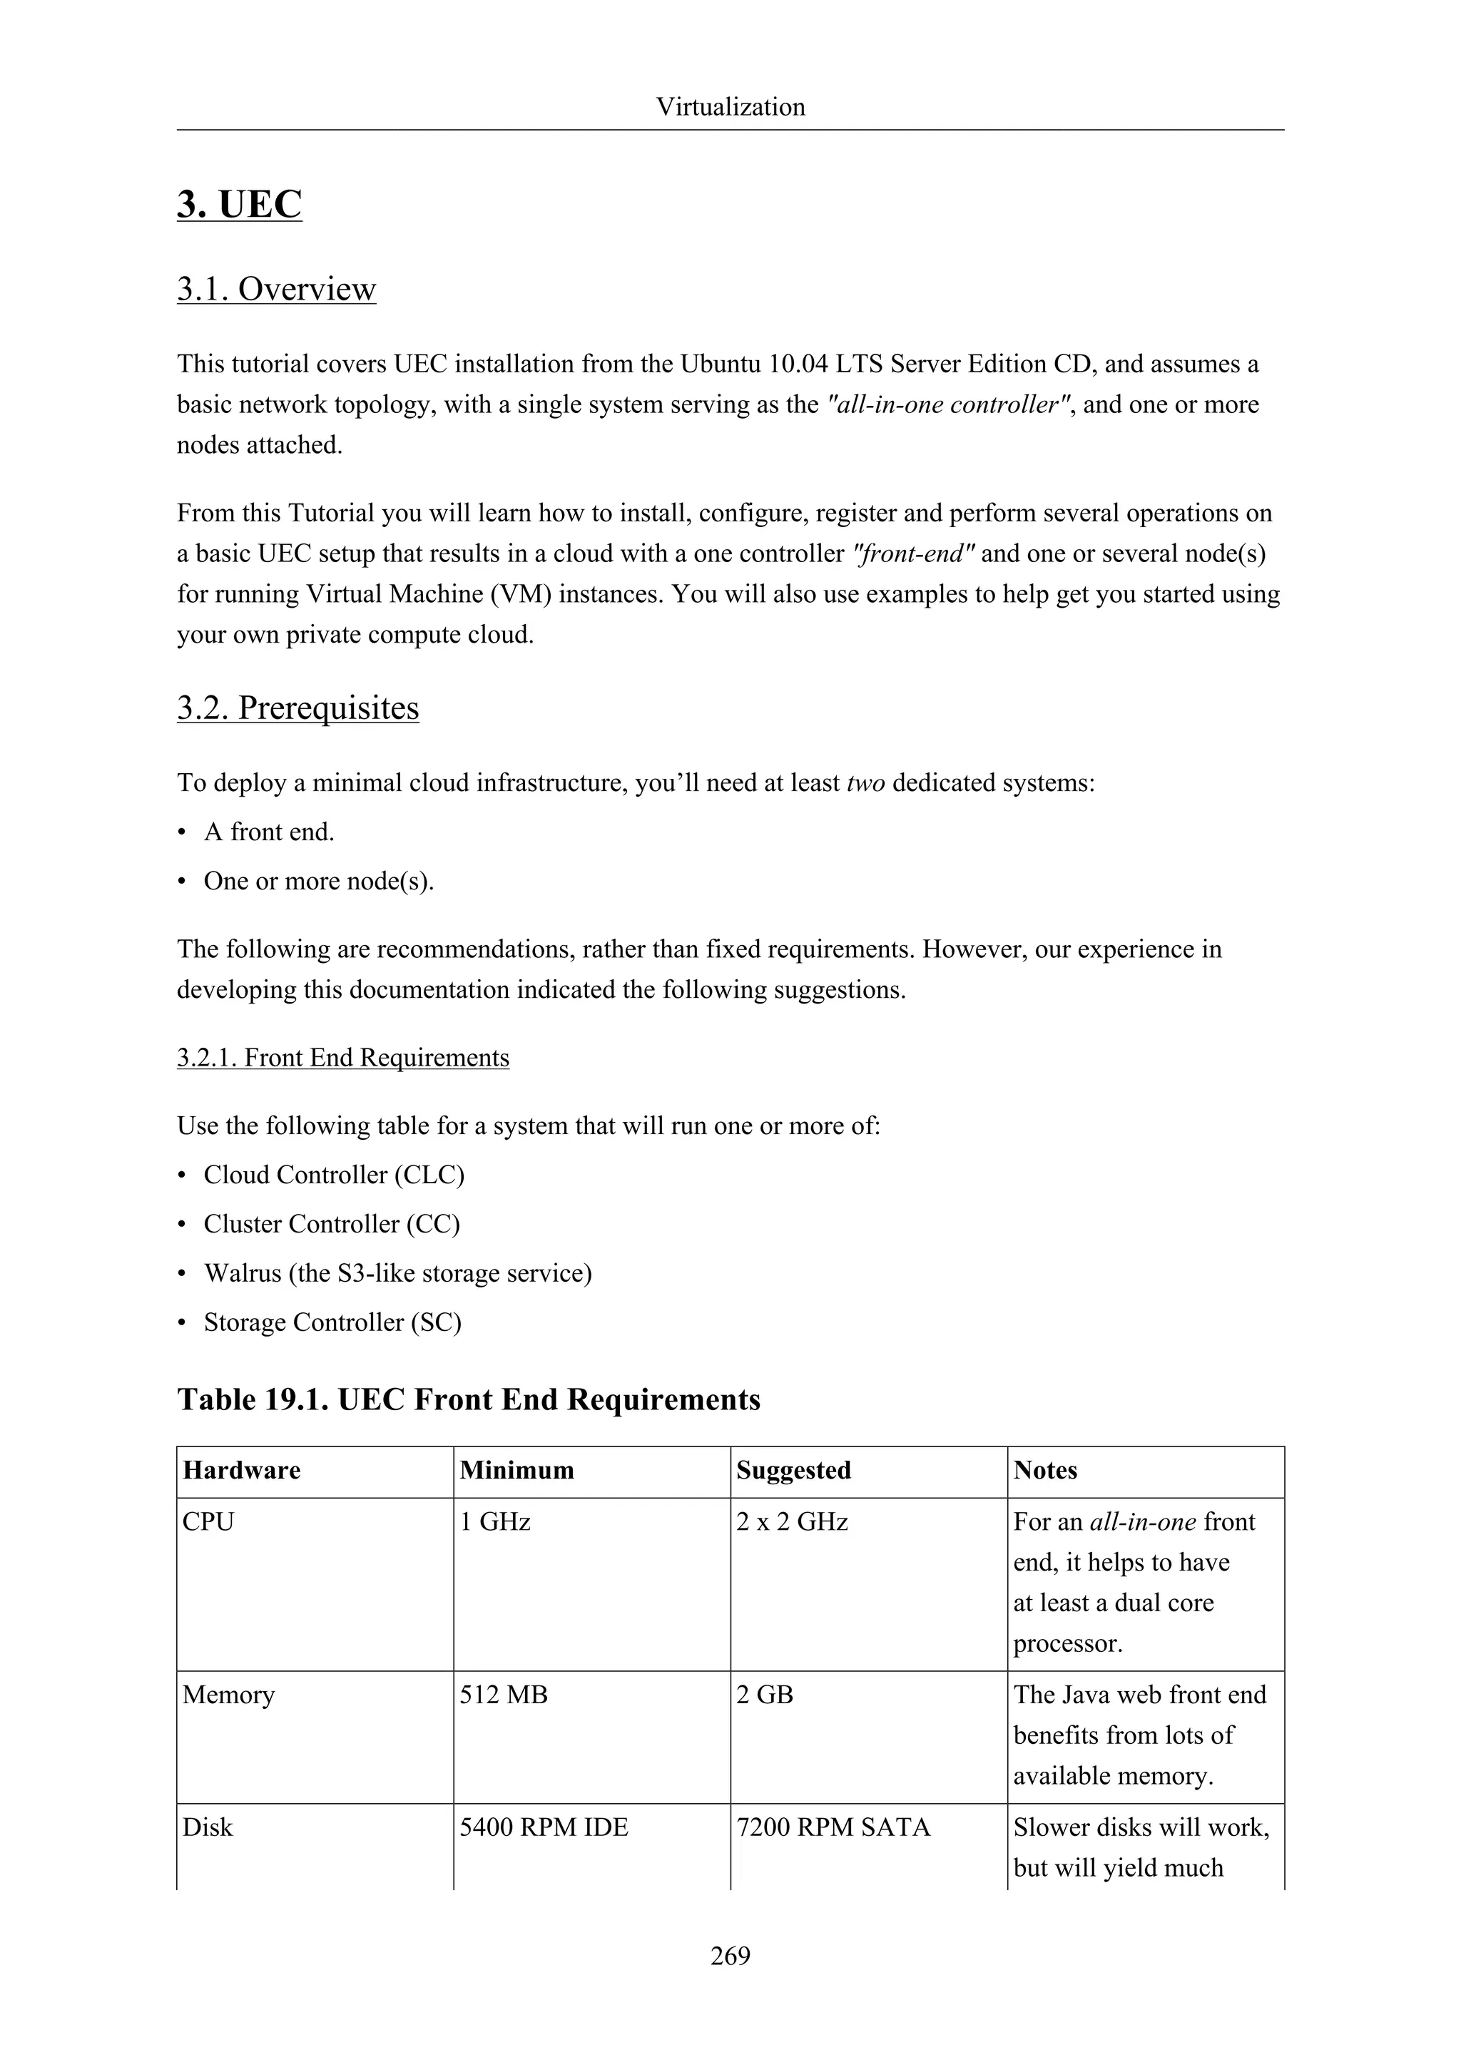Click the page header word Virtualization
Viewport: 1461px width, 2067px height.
(730, 107)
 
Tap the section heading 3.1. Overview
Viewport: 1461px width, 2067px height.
(275, 289)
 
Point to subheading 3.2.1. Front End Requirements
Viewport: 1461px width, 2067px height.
(342, 1057)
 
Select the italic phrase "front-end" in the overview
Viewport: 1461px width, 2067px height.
(913, 553)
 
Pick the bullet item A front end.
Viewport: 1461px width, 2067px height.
(268, 832)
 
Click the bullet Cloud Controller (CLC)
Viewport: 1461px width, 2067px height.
(333, 1175)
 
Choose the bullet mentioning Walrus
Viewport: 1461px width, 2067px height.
(397, 1273)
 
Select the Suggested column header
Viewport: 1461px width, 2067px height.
(793, 1470)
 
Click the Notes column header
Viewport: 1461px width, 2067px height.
(1044, 1470)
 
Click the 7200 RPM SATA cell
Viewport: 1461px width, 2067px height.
(833, 1827)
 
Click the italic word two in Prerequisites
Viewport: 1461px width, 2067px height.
(865, 783)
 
